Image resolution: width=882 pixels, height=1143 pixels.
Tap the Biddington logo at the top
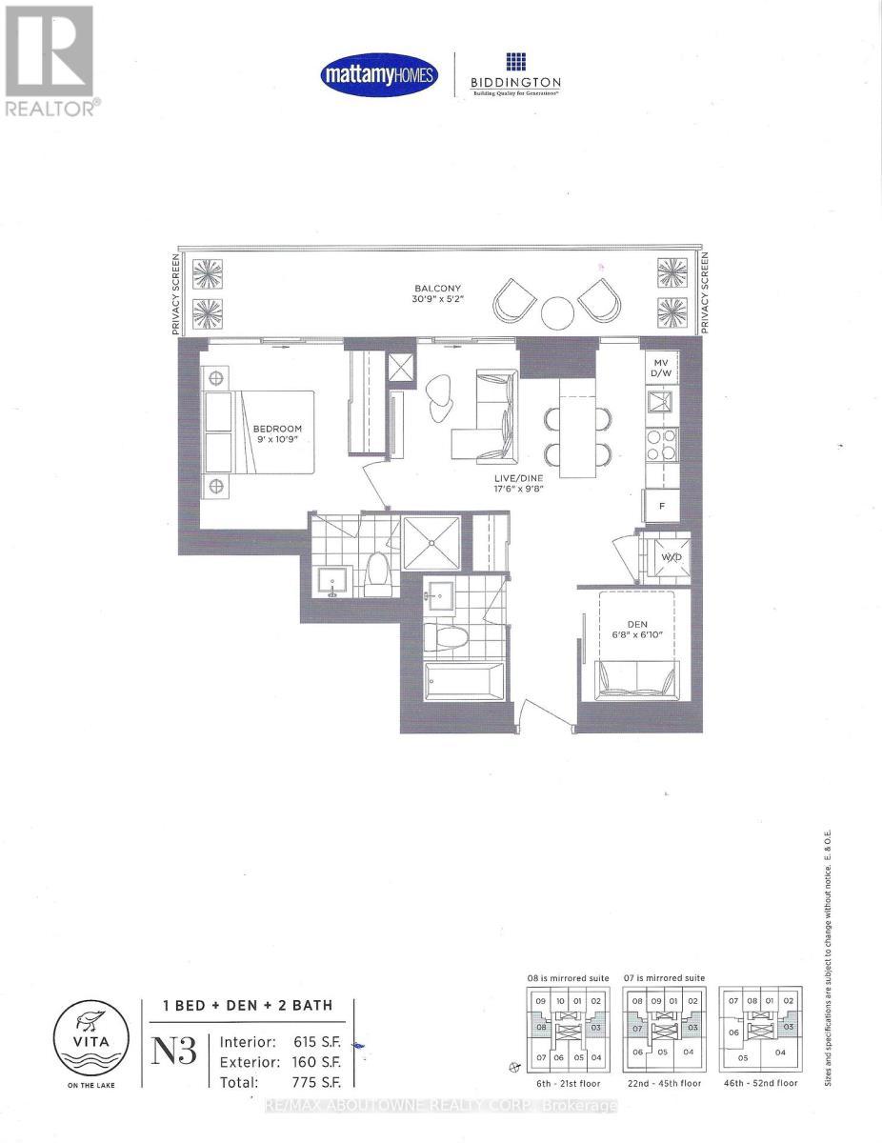tap(514, 74)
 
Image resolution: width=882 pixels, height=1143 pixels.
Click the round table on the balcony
tap(557, 311)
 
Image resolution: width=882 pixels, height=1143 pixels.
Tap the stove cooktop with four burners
tap(661, 445)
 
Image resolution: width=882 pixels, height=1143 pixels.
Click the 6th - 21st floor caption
tap(560, 1083)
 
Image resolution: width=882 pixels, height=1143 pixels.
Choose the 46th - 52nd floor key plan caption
tap(759, 1083)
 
